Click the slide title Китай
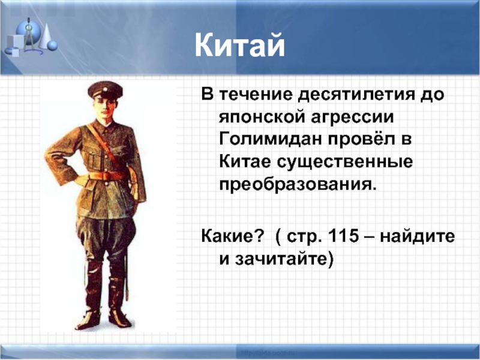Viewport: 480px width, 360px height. pyautogui.click(x=239, y=46)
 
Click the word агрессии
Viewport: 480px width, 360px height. pyautogui.click(x=352, y=118)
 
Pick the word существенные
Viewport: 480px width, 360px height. pyautogui.click(x=345, y=162)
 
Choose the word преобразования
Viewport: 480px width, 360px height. pyautogui.click(x=297, y=185)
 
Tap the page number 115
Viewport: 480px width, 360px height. pyautogui.click(x=343, y=236)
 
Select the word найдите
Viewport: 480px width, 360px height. pyautogui.click(x=418, y=236)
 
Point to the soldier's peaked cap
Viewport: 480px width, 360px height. pyautogui.click(x=105, y=89)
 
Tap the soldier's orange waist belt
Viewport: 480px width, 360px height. pyautogui.click(x=108, y=175)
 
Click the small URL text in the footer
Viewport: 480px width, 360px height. pyautogui.click(x=268, y=352)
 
